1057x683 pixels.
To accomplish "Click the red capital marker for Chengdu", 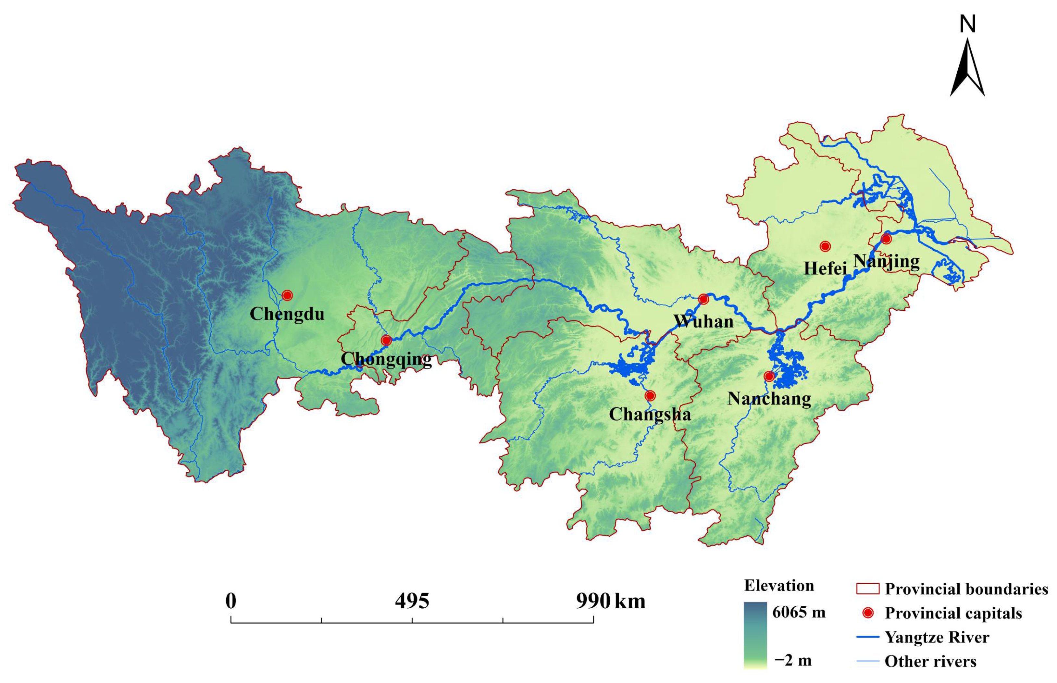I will (287, 295).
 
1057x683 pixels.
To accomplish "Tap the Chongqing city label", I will (386, 359).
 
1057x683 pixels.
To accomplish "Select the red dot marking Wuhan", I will (703, 299).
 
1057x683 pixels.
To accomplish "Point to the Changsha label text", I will (650, 414).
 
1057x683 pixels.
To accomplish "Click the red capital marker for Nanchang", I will (769, 376).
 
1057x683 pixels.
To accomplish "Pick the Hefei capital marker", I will (825, 246).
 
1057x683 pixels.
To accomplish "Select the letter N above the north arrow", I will (967, 24).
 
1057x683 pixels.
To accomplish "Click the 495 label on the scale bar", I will (412, 602).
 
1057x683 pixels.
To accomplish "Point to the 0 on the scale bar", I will (230, 602).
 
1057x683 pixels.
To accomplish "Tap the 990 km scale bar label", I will (611, 602).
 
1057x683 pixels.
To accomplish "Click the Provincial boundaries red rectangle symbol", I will (868, 589).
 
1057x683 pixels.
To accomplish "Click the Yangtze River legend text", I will (937, 637).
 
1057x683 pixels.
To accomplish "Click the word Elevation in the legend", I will (779, 586).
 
